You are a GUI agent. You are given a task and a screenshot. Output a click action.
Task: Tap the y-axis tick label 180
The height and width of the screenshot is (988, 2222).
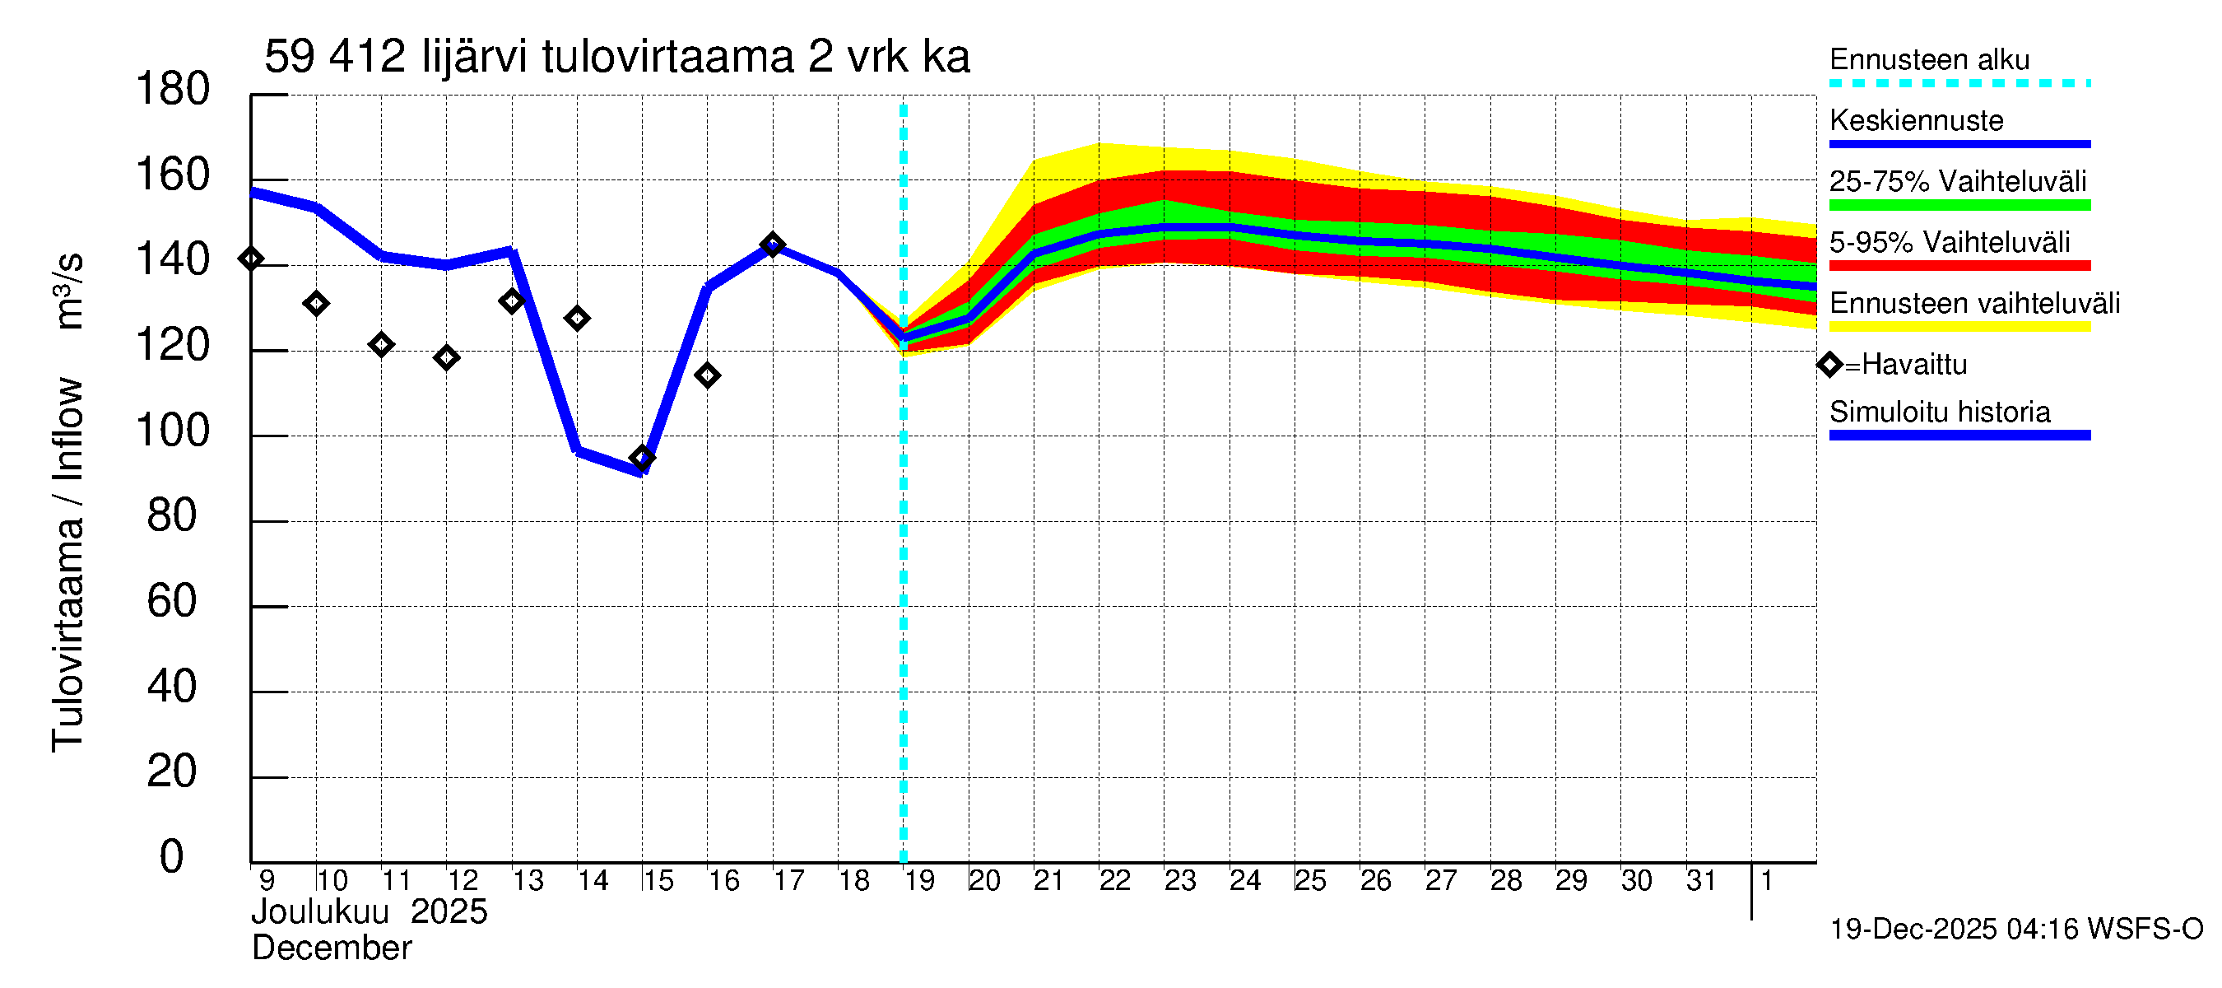pos(173,90)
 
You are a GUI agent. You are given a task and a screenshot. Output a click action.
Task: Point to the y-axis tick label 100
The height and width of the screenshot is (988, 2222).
pos(173,431)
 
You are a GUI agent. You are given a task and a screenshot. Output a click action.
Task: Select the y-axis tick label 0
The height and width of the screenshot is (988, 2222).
pos(172,857)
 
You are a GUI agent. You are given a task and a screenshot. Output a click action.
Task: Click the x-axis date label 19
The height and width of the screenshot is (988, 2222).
pos(918,881)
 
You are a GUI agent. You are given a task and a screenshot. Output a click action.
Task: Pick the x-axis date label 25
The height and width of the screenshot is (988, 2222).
pos(1309,881)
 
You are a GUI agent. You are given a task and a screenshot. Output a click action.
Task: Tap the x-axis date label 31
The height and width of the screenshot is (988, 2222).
pos(1700,881)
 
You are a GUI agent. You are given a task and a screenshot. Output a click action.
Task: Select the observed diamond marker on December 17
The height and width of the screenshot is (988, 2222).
pos(772,245)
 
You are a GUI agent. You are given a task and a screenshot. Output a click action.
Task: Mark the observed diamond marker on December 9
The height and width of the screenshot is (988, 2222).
pos(251,259)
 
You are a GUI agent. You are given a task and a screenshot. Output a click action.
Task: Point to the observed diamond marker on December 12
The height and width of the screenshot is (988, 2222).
pos(446,357)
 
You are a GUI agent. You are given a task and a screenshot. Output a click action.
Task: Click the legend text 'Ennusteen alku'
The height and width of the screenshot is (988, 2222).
pos(1929,60)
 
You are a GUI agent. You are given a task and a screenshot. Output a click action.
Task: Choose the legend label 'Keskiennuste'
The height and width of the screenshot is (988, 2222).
pos(1916,121)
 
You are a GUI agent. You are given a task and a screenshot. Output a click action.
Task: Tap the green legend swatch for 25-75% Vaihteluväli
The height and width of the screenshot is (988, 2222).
pos(1959,205)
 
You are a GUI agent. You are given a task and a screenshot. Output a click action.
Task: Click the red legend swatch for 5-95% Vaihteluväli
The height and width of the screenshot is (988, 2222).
pos(1959,266)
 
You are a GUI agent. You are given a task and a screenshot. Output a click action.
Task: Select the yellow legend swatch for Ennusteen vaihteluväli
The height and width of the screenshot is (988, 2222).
pos(1959,327)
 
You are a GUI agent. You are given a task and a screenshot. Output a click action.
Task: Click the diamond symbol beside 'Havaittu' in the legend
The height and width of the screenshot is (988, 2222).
pos(1829,365)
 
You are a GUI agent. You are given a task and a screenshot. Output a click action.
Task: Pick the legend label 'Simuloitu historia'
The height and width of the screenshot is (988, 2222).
pos(1939,412)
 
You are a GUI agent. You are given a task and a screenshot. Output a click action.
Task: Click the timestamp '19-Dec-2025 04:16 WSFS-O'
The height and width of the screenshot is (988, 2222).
pos(2015,930)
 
